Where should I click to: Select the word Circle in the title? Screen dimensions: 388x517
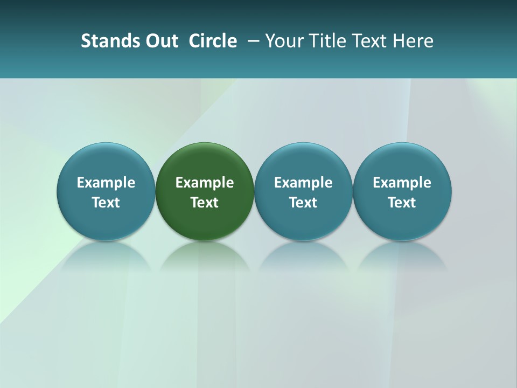pos(213,41)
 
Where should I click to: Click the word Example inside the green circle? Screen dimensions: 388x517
pos(205,183)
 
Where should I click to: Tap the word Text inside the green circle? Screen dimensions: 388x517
pos(205,203)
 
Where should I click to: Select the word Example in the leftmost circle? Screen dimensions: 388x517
pos(106,183)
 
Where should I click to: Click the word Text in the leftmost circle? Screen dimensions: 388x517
pos(106,203)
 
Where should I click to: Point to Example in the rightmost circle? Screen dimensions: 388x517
pos(402,183)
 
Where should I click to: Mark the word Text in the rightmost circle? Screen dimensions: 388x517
pos(402,203)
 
